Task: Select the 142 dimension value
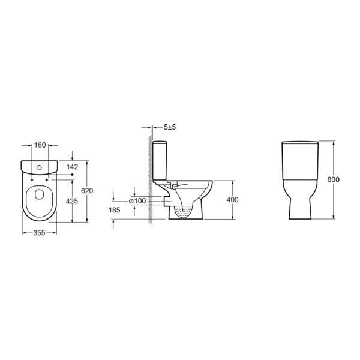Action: point(73,167)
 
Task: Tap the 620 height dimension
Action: point(88,190)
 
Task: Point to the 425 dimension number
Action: point(72,202)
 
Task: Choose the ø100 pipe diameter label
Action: point(137,200)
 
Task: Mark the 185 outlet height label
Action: point(115,211)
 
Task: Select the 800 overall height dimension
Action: point(334,179)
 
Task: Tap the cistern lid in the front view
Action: point(300,144)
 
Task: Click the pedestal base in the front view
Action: point(300,207)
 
